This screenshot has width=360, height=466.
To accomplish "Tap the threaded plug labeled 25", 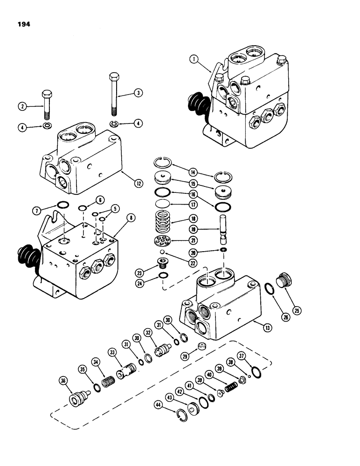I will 284,281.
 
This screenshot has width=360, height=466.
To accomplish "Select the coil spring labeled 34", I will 108,383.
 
